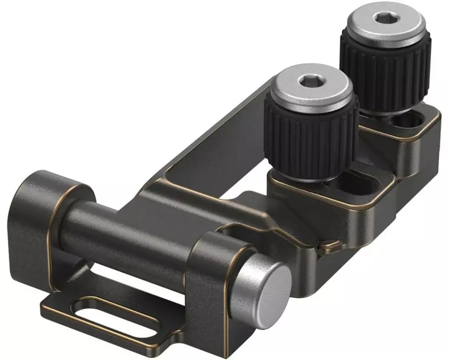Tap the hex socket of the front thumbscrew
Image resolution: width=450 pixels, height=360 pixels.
point(311,83)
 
